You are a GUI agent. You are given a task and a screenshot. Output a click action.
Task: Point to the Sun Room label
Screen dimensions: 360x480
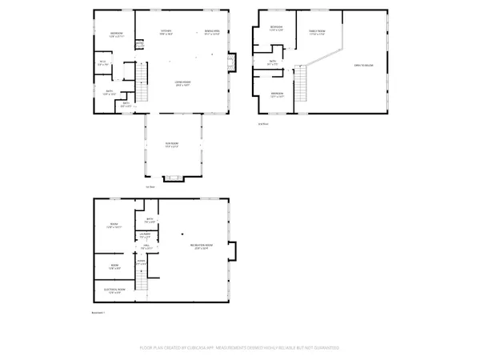pos(170,144)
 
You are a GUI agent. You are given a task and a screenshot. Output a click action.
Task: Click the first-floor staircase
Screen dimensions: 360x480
pos(142,83)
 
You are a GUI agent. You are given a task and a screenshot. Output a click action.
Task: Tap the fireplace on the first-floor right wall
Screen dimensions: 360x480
pos(233,62)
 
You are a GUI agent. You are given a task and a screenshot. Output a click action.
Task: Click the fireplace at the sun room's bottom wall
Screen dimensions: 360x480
pos(172,178)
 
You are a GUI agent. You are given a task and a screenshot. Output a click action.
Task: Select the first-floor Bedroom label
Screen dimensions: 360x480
pos(117,34)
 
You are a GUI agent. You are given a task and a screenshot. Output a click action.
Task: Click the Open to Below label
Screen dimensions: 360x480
pos(364,65)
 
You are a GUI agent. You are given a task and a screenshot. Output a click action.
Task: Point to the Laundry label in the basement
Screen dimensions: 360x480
pos(145,235)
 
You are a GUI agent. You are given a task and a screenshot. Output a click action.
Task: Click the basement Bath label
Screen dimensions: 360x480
pos(150,219)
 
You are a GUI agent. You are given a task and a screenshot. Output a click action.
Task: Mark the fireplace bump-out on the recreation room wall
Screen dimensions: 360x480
pos(233,254)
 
